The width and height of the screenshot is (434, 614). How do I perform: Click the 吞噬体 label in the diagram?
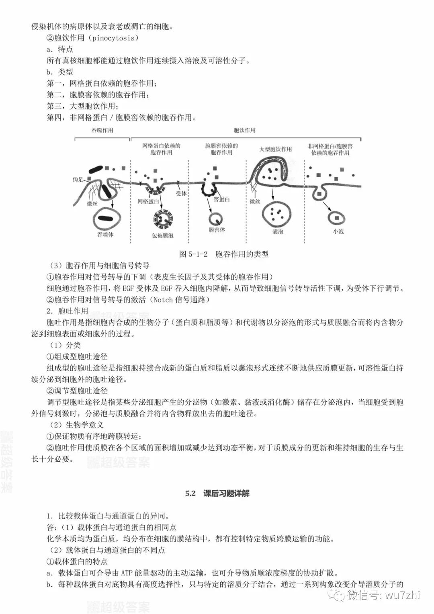coord(105,234)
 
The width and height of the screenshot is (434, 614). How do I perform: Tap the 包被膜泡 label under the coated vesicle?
coord(162,235)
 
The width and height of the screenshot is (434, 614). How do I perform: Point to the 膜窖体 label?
coord(217,230)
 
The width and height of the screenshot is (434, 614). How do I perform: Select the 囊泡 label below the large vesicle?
coord(278,231)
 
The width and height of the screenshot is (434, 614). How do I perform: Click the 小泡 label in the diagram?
coord(338,231)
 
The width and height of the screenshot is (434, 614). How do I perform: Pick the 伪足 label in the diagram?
coord(78,180)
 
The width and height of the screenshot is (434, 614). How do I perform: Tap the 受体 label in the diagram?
coord(181,193)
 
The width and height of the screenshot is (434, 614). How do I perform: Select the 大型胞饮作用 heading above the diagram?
coord(276,149)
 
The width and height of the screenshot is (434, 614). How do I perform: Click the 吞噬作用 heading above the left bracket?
coord(102,130)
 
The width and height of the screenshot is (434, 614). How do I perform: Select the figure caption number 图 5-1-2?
coord(193,254)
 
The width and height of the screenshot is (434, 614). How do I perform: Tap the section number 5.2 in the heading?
coord(190,493)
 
